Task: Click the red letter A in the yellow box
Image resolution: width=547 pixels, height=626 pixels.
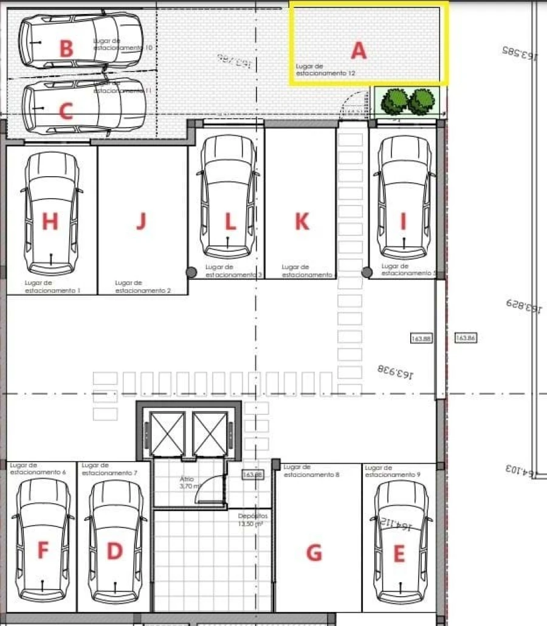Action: tap(359, 51)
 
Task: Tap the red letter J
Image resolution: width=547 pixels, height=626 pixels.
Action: tap(141, 221)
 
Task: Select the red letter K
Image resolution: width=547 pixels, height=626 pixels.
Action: tap(301, 222)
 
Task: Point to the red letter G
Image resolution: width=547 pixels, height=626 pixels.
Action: tap(314, 553)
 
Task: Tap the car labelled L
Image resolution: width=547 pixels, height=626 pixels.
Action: tap(229, 197)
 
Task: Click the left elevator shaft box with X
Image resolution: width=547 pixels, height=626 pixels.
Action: tap(168, 433)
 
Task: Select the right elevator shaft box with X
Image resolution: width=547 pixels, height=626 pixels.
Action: tap(210, 433)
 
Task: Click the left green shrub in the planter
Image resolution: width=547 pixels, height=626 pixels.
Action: tap(394, 101)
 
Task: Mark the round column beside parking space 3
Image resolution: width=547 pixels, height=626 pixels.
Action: tap(191, 272)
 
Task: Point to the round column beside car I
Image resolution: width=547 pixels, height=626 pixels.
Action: tap(367, 272)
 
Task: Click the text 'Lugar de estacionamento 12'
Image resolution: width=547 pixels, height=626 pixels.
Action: tap(325, 69)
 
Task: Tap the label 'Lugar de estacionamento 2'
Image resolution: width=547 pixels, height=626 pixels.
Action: tap(142, 287)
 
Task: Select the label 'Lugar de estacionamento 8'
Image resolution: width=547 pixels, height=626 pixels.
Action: tap(311, 471)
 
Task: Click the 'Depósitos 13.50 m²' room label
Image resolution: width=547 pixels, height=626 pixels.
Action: tap(253, 520)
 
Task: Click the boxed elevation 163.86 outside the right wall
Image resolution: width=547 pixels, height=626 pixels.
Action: tap(465, 337)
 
